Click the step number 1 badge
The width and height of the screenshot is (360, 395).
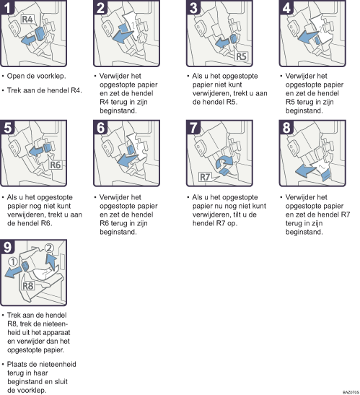pyautogui.click(x=7, y=7)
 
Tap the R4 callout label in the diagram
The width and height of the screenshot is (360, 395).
pyautogui.click(x=27, y=19)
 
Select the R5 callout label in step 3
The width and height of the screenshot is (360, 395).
pyautogui.click(x=241, y=56)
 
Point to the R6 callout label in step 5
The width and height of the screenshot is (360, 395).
pyautogui.click(x=55, y=165)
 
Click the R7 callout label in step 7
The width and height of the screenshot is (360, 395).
pyautogui.click(x=205, y=177)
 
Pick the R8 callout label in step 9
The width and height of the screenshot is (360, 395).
pyautogui.click(x=27, y=286)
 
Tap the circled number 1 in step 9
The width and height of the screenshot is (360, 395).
pyautogui.click(x=13, y=261)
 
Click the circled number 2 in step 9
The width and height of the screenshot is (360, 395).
pyautogui.click(x=49, y=248)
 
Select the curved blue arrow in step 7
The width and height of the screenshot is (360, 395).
pyautogui.click(x=225, y=162)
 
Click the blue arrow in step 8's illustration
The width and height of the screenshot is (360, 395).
pyautogui.click(x=305, y=171)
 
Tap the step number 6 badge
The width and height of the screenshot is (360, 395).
pyautogui.click(x=100, y=127)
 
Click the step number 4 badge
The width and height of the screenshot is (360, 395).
pyautogui.click(x=286, y=7)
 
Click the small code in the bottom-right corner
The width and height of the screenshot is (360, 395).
pyautogui.click(x=351, y=392)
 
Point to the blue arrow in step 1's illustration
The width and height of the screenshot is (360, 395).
pyautogui.click(x=28, y=40)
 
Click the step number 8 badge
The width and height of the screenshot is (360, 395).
pyautogui.click(x=286, y=127)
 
